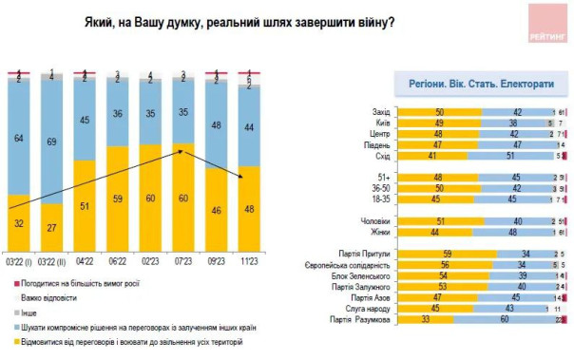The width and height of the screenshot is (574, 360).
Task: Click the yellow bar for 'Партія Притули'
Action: pos(447,254)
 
